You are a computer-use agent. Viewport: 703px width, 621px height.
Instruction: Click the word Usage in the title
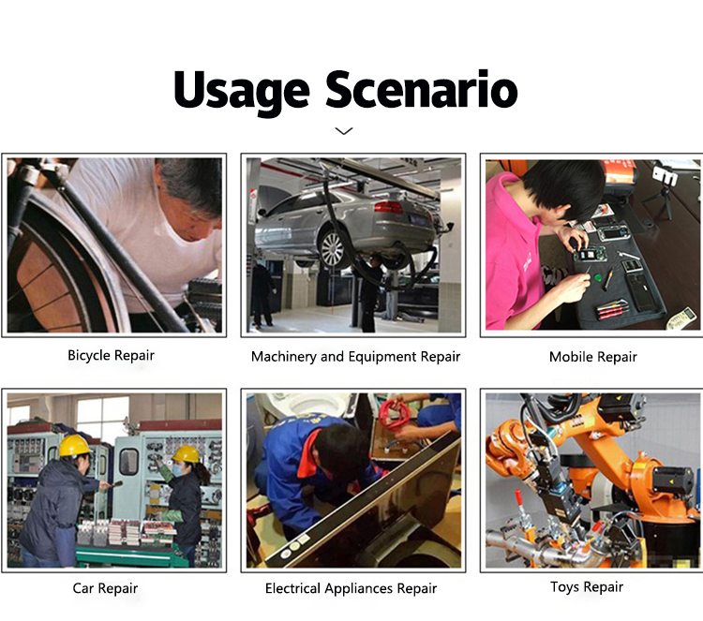(x=241, y=93)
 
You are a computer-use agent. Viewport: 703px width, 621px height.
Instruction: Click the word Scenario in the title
(x=422, y=89)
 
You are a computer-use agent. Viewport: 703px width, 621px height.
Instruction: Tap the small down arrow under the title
(x=344, y=131)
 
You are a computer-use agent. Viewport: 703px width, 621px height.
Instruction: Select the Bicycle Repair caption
(x=111, y=356)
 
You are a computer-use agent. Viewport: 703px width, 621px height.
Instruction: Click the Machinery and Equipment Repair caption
(x=355, y=357)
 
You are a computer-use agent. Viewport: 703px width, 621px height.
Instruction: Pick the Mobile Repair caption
(x=592, y=357)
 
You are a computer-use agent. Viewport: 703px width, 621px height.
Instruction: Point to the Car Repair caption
(x=105, y=588)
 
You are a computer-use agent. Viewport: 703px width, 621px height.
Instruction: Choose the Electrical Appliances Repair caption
(x=351, y=589)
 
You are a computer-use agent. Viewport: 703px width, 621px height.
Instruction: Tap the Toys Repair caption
(x=587, y=587)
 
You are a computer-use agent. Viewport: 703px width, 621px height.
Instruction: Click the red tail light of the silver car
(x=389, y=207)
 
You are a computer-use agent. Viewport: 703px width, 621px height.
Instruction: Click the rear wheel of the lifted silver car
(x=333, y=249)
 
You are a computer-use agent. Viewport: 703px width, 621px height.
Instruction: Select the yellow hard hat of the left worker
(x=74, y=445)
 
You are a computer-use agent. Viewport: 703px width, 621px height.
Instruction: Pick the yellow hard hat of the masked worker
(x=187, y=454)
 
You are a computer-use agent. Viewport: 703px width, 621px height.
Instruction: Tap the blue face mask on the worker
(x=178, y=470)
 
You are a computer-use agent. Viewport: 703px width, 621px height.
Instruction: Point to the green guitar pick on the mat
(x=598, y=279)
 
